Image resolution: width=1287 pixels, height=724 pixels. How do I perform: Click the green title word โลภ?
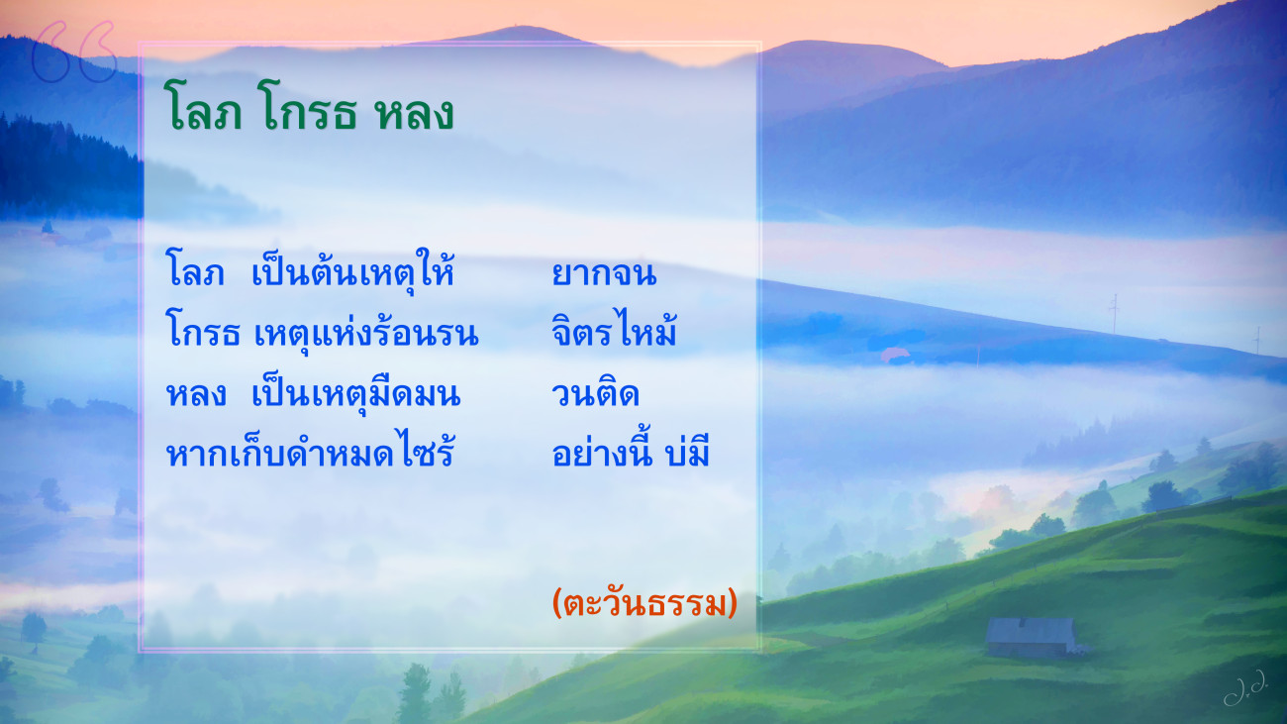tap(203, 107)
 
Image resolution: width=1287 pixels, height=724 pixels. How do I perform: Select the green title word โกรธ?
tap(308, 107)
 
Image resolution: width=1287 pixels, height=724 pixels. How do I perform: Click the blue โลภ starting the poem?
tap(195, 270)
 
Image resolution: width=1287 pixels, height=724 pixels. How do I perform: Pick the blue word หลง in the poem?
tap(196, 394)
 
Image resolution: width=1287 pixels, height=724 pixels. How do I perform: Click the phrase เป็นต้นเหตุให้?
tap(352, 270)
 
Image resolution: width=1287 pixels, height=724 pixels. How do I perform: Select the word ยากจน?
tap(604, 273)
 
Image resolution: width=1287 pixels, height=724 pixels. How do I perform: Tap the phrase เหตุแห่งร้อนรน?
tap(366, 333)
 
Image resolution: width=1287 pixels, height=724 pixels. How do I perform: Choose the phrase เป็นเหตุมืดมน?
tap(355, 391)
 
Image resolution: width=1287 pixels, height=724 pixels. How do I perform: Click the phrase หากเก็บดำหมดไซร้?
tap(310, 450)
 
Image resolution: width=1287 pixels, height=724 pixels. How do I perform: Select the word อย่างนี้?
tap(602, 451)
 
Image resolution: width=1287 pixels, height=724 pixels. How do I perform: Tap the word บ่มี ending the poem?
tap(687, 451)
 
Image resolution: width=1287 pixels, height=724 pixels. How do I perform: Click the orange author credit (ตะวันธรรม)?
tap(644, 603)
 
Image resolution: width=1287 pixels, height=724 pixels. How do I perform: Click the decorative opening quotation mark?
tap(74, 52)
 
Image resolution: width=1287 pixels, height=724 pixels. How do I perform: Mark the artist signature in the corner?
tap(1245, 686)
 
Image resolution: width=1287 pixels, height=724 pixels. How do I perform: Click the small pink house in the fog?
tap(895, 356)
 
